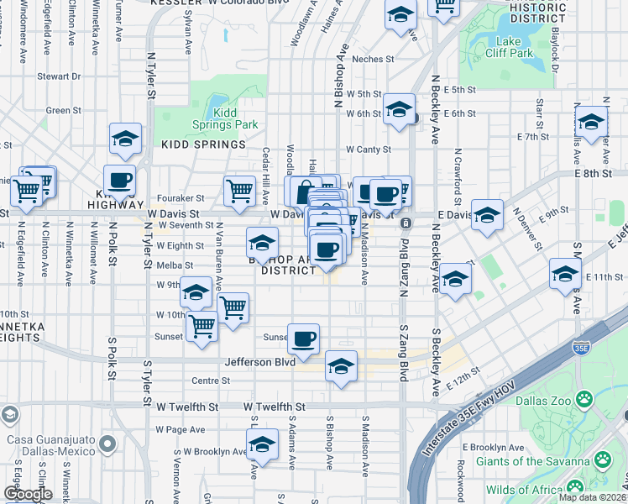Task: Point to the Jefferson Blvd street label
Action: [x=260, y=363]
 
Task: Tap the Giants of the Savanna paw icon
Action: [x=602, y=460]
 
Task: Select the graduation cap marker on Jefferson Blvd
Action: [x=341, y=366]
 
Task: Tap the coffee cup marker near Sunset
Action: [x=304, y=339]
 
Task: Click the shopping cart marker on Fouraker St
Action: [x=240, y=192]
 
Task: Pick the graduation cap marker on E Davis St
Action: [x=487, y=216]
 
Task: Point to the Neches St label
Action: [x=374, y=59]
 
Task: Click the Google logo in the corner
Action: [x=27, y=494]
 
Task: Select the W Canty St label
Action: [x=369, y=150]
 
